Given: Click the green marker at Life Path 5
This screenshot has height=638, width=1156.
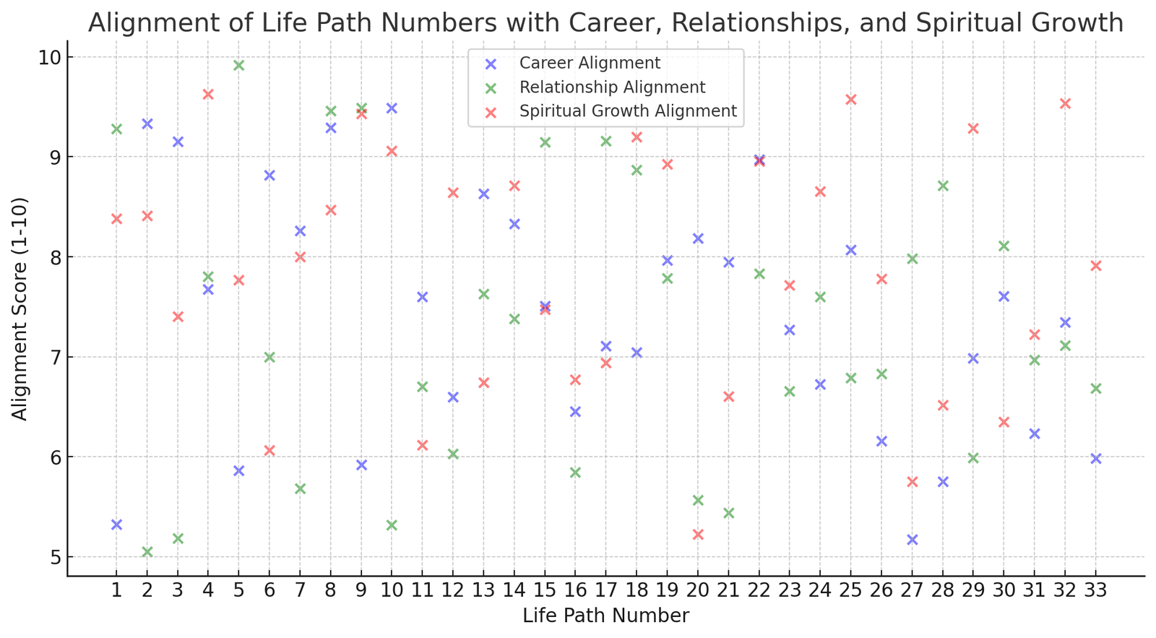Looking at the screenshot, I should click(x=239, y=65).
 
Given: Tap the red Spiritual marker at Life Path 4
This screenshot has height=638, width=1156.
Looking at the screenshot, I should click(x=208, y=94).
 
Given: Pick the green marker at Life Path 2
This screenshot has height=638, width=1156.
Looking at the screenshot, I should click(x=147, y=552).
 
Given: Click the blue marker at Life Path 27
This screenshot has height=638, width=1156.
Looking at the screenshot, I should click(x=913, y=540).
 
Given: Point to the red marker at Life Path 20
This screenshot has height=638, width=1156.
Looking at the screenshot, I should click(x=698, y=535).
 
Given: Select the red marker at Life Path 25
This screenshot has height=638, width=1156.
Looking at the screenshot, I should click(x=851, y=100).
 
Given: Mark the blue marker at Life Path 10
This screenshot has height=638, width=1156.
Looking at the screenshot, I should click(x=392, y=108).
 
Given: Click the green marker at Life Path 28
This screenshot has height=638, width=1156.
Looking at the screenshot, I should click(x=943, y=186).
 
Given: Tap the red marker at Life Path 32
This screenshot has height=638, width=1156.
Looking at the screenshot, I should click(x=1065, y=103).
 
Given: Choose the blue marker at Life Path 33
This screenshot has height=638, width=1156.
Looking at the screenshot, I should click(x=1096, y=459).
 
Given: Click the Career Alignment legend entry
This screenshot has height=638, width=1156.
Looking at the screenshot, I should click(x=590, y=64).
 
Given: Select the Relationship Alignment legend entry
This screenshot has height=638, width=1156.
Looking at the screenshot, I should click(x=612, y=87).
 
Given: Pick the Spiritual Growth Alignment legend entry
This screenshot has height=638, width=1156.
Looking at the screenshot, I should click(x=628, y=111).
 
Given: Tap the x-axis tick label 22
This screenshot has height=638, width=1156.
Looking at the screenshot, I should click(x=759, y=591).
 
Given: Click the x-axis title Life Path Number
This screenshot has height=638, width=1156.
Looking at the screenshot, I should click(x=605, y=616).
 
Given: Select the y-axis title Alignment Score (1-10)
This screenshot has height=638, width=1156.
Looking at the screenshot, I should click(x=20, y=309).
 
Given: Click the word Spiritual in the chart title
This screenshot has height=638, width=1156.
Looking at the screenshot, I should click(x=955, y=23).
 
